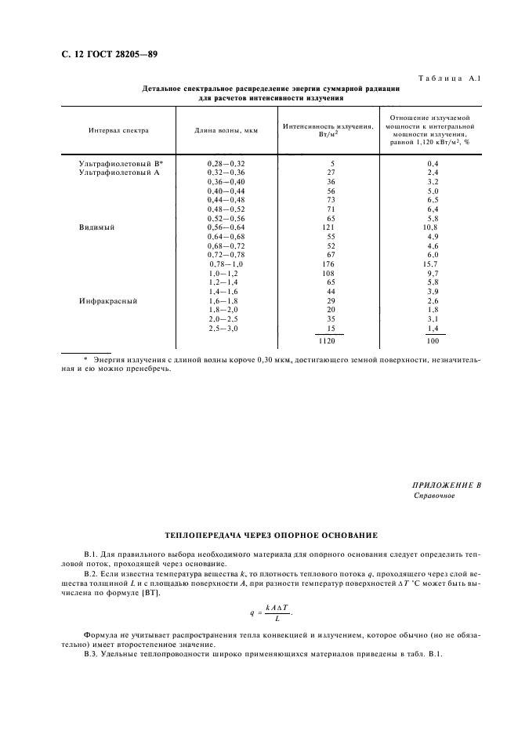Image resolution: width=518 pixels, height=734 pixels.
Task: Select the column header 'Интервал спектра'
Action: coord(118,130)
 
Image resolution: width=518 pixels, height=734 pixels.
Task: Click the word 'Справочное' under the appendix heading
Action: coord(433,496)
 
